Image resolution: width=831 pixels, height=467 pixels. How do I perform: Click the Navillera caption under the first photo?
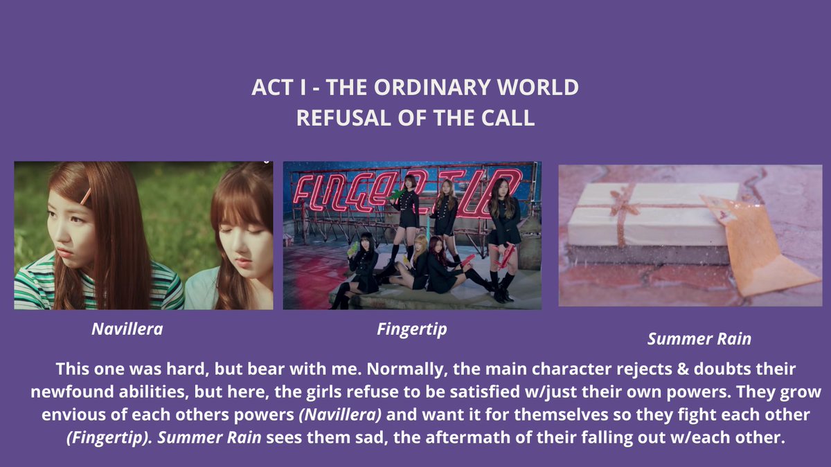click(127, 329)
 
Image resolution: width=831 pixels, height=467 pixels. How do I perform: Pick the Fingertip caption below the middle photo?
click(412, 329)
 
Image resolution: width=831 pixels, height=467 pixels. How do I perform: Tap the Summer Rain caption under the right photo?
click(699, 339)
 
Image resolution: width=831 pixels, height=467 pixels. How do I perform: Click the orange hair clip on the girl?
click(85, 197)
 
